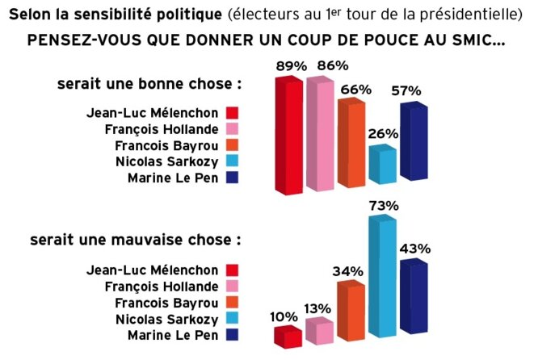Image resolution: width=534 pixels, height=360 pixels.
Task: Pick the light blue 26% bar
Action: [x=382, y=165]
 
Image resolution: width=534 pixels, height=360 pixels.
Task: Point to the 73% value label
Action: [x=384, y=206]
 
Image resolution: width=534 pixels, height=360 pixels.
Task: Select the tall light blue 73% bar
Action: [x=383, y=278]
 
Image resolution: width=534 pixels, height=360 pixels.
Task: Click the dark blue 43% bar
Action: [x=413, y=299]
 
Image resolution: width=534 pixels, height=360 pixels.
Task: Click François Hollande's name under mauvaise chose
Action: [x=162, y=286]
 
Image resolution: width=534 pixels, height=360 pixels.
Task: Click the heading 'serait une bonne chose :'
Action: [x=149, y=84]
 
